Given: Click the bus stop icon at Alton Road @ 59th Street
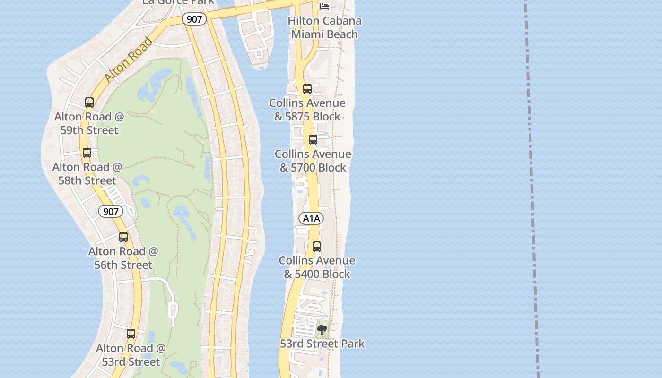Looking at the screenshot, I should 89,103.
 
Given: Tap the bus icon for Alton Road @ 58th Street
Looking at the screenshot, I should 87,153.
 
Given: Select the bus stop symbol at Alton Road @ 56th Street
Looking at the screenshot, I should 123,237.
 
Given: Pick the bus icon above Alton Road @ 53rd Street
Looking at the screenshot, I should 131,334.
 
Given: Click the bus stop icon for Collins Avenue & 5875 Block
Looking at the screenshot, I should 307,89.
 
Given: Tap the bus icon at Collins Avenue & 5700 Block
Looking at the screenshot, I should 313,140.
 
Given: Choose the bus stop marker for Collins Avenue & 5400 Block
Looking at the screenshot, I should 317,247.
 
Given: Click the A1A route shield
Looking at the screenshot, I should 311,218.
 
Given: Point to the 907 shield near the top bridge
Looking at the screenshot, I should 194,19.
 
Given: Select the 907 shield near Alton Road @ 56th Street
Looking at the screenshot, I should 111,211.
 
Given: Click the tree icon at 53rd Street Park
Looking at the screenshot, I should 322,329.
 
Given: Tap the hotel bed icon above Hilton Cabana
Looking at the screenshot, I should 324,6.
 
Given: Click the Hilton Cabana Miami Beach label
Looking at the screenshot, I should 324,27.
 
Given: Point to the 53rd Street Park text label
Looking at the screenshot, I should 322,344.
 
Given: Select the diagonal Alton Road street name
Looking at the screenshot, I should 129,60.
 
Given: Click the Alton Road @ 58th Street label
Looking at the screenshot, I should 87,173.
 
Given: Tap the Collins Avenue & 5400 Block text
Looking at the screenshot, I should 317,267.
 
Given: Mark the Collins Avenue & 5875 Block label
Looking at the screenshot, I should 307,110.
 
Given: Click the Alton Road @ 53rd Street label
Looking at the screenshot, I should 131,355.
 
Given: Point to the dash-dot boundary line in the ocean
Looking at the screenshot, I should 531,189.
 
